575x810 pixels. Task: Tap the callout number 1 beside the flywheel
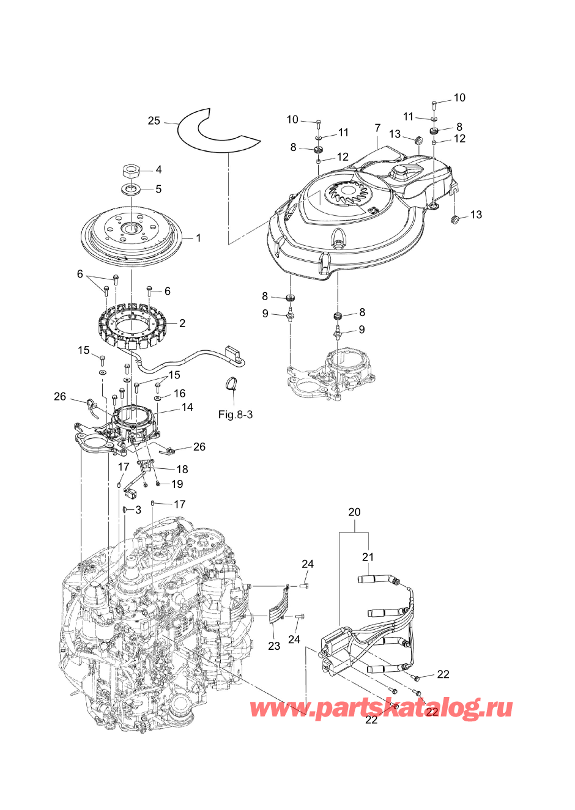tap(198, 238)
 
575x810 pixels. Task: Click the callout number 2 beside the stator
tap(182, 323)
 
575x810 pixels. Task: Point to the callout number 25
tap(154, 120)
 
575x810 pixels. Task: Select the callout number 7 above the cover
tap(377, 128)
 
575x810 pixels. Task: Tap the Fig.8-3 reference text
tap(236, 414)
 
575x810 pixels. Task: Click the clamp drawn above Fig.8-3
tap(232, 383)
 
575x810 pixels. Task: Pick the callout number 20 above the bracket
tap(354, 512)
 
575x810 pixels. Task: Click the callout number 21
tap(368, 557)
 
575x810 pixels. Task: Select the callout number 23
tap(274, 646)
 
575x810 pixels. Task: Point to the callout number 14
tap(187, 407)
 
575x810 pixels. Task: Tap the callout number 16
tap(179, 393)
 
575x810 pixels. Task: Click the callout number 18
tap(182, 469)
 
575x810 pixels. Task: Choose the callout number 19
tap(177, 484)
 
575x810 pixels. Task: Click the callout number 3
tap(138, 509)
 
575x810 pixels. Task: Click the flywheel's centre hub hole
tap(132, 228)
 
